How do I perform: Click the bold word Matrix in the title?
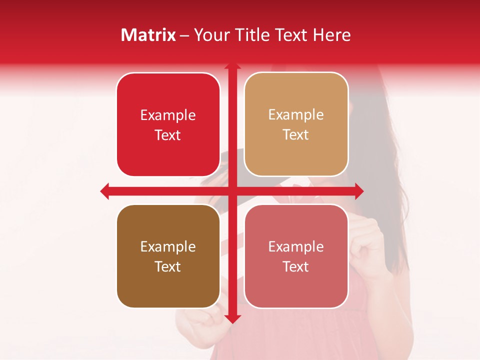148,35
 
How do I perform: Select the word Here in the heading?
332,35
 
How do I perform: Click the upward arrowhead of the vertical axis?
232,66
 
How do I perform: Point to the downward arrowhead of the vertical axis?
232,319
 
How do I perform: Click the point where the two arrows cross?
232,191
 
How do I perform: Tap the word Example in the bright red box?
168,115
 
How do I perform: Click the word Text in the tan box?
296,135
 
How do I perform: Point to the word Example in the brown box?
168,246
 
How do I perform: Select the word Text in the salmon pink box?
296,266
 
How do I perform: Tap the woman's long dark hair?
395,165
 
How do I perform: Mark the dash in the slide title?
184,35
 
